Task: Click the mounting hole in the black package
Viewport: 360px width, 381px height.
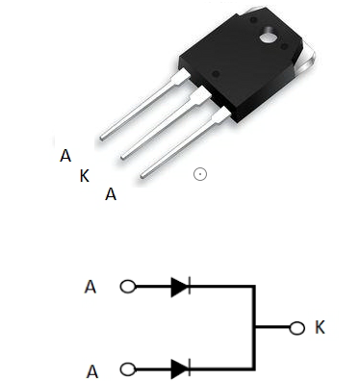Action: (x=265, y=37)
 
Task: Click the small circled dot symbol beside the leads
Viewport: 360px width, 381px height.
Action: (x=199, y=174)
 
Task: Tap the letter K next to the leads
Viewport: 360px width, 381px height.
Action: (x=85, y=175)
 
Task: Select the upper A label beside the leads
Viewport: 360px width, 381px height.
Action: (x=64, y=155)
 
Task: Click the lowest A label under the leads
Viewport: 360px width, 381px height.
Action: (x=111, y=194)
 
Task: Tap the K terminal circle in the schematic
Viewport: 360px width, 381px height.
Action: (x=298, y=327)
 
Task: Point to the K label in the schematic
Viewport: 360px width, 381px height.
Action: (x=320, y=327)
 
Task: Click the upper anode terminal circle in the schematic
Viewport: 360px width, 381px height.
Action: (x=125, y=286)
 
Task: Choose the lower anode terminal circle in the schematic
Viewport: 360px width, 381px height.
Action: (x=125, y=368)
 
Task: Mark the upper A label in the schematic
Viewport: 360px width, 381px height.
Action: (x=91, y=287)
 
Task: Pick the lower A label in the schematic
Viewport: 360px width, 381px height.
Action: (x=91, y=368)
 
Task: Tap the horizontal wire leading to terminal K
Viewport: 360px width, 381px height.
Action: (x=273, y=327)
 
